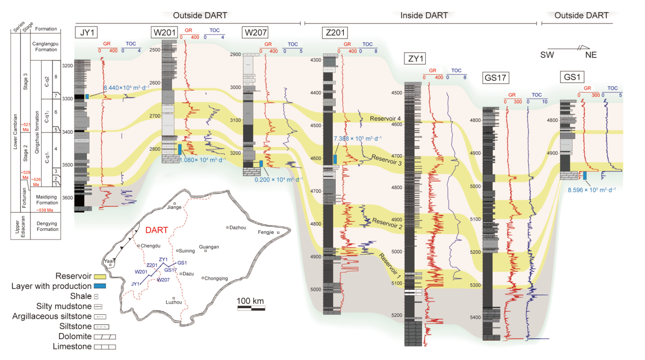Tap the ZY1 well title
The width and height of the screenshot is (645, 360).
[x=416, y=59]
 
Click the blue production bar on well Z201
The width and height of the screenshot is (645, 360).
[x=335, y=159]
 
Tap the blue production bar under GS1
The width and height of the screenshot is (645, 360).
[x=585, y=175]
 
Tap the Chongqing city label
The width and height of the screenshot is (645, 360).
[x=216, y=278]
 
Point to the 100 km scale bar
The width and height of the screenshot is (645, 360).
[x=251, y=308]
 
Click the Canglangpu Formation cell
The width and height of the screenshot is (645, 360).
[x=44, y=46]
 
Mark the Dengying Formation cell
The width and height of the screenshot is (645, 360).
[x=44, y=226]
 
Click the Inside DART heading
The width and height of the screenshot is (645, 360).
[x=424, y=15]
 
